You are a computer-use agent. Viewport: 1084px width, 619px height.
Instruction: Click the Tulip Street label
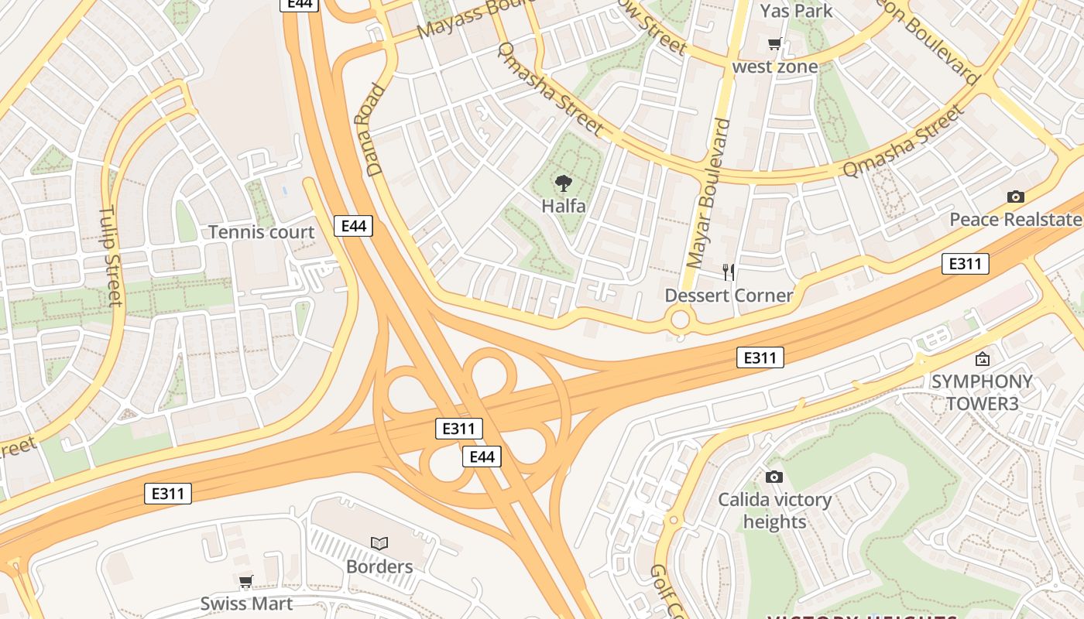(x=111, y=255)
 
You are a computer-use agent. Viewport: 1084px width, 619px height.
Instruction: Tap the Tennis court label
(x=262, y=232)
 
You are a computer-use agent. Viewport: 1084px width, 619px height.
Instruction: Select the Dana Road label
(x=372, y=129)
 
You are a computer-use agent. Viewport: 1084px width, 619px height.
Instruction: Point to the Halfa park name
(x=564, y=207)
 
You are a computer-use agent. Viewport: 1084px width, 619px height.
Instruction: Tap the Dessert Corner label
(x=729, y=296)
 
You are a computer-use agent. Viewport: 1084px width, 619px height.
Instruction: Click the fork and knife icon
(x=728, y=272)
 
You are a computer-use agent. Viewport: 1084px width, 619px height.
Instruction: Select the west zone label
(x=775, y=67)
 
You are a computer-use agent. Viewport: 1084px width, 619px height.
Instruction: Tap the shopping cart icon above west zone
(x=774, y=44)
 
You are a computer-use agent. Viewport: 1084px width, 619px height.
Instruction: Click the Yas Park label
(x=796, y=11)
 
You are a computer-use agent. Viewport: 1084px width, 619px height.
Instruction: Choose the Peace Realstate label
(x=1016, y=220)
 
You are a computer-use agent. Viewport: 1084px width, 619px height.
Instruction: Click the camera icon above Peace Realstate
(x=1016, y=197)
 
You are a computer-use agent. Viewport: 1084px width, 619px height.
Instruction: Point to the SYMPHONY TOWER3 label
(x=982, y=392)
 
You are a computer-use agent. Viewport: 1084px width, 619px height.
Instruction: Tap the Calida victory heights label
(x=774, y=511)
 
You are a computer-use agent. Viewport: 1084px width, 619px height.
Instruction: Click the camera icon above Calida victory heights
(x=774, y=477)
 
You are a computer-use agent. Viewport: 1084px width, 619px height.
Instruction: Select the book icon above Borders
(x=379, y=544)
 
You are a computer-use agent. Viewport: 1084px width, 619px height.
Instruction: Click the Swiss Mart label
(x=246, y=604)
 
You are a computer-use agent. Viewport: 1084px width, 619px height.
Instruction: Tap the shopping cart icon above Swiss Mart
(x=246, y=582)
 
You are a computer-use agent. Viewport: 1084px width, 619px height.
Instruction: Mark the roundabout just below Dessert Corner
(x=680, y=319)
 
